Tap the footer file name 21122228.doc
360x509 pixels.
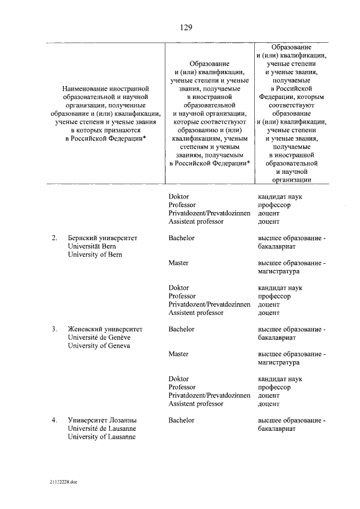61,481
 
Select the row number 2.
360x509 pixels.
54,238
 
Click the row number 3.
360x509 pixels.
54,329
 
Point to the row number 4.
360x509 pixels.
54,420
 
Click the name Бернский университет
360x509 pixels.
102,238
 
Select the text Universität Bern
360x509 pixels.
93,246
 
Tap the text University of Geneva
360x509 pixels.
98,346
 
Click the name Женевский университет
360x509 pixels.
105,329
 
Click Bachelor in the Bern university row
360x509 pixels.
181,238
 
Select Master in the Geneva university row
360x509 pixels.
178,354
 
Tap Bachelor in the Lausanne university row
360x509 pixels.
181,420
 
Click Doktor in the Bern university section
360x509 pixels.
178,287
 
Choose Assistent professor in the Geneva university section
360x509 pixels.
196,404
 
